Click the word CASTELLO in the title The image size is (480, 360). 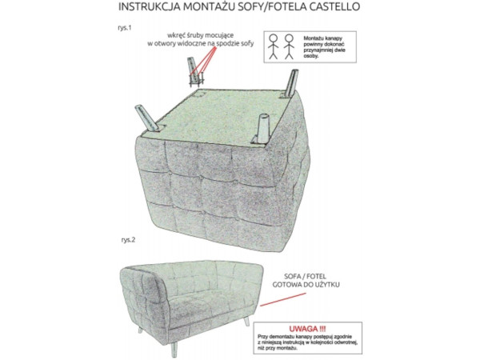tap(334, 6)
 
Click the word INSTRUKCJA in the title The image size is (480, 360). tap(149, 6)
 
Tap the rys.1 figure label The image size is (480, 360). tap(124, 27)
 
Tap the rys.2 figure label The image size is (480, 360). tap(128, 240)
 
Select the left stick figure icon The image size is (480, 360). tap(273, 46)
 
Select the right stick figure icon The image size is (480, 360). tap(289, 46)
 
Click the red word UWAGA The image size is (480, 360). tap(308, 329)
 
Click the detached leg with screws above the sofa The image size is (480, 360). tap(194, 72)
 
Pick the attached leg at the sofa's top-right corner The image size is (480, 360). tap(290, 83)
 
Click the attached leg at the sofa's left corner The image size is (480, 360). tap(149, 118)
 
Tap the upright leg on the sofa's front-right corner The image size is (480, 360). tap(262, 129)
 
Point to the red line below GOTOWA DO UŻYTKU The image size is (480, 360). tap(283, 299)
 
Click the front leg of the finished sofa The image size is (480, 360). tap(174, 349)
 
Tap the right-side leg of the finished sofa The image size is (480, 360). tap(246, 322)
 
